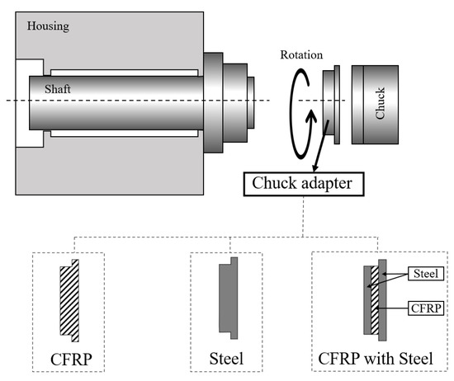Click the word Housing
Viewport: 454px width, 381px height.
point(48,26)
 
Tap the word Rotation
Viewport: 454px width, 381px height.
point(301,55)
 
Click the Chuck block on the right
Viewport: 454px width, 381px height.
point(381,101)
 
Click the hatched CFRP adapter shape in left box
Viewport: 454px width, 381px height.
point(67,300)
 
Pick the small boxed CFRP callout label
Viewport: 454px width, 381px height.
point(428,308)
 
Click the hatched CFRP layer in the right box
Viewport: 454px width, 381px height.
point(373,300)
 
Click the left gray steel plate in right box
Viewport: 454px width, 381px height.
point(366,300)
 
